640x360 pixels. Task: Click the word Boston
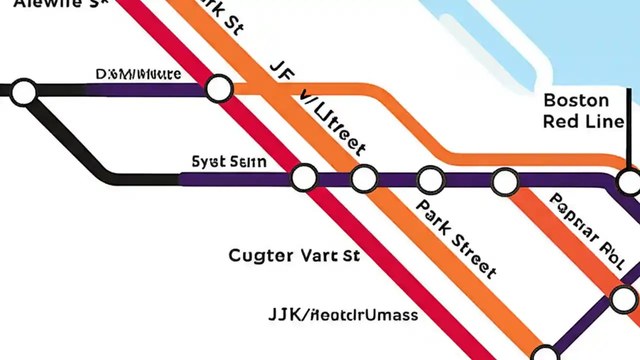[576, 100]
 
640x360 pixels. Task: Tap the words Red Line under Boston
[583, 121]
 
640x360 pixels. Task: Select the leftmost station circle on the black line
[23, 92]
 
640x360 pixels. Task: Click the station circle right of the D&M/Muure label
[219, 88]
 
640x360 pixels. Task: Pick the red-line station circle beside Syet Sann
[304, 177]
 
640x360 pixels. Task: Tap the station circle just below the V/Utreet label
[364, 178]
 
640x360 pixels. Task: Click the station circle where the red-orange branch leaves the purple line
[505, 182]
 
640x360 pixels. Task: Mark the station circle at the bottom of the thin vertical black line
[629, 182]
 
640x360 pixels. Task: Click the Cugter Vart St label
[294, 255]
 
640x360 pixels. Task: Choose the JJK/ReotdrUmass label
[343, 315]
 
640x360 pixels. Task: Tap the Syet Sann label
[229, 162]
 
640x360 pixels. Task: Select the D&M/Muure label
[138, 75]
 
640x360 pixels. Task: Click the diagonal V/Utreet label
[332, 122]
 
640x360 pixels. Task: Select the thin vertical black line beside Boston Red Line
[628, 125]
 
